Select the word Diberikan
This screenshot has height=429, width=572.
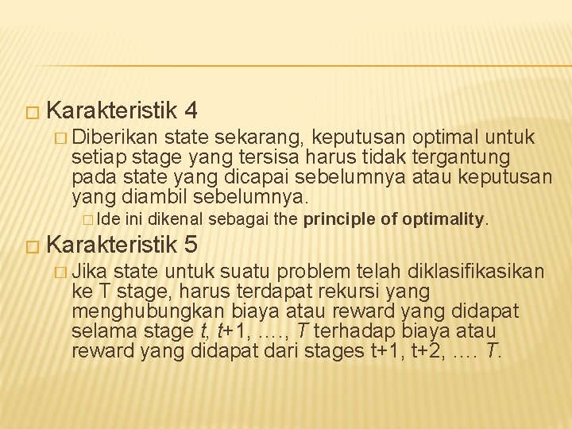[118, 137]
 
